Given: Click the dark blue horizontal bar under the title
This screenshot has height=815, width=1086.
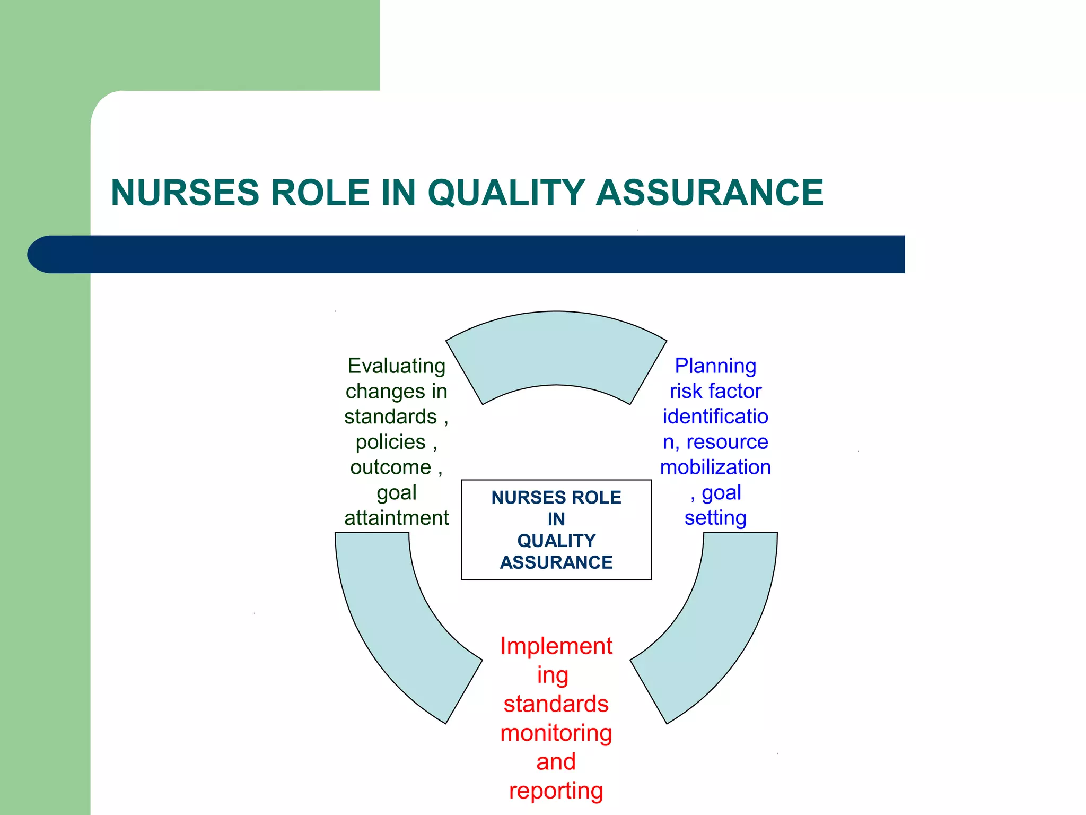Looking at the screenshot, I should coord(467,254).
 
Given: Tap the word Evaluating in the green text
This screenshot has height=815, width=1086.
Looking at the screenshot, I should coord(396,366).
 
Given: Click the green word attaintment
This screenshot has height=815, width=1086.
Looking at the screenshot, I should coord(396,518).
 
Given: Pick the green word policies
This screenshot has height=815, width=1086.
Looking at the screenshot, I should coord(391,442).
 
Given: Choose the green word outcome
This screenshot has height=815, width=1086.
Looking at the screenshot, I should coord(391,467).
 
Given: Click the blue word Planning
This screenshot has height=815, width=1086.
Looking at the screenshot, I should coord(715,366).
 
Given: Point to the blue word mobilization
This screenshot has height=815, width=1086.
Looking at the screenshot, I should coord(715,467).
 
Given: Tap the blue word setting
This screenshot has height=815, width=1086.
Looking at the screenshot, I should coord(715,518).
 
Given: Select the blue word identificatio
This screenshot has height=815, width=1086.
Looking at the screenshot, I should coord(715,417).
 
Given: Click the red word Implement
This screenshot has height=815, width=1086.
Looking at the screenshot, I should coord(556,646).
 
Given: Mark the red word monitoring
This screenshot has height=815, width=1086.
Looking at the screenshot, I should coord(556,733).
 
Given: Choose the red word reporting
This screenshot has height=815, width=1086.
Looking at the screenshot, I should coord(556,791).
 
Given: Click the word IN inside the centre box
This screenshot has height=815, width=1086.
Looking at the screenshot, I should coord(556,519).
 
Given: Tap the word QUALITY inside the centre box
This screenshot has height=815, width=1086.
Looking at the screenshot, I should coord(556,541).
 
